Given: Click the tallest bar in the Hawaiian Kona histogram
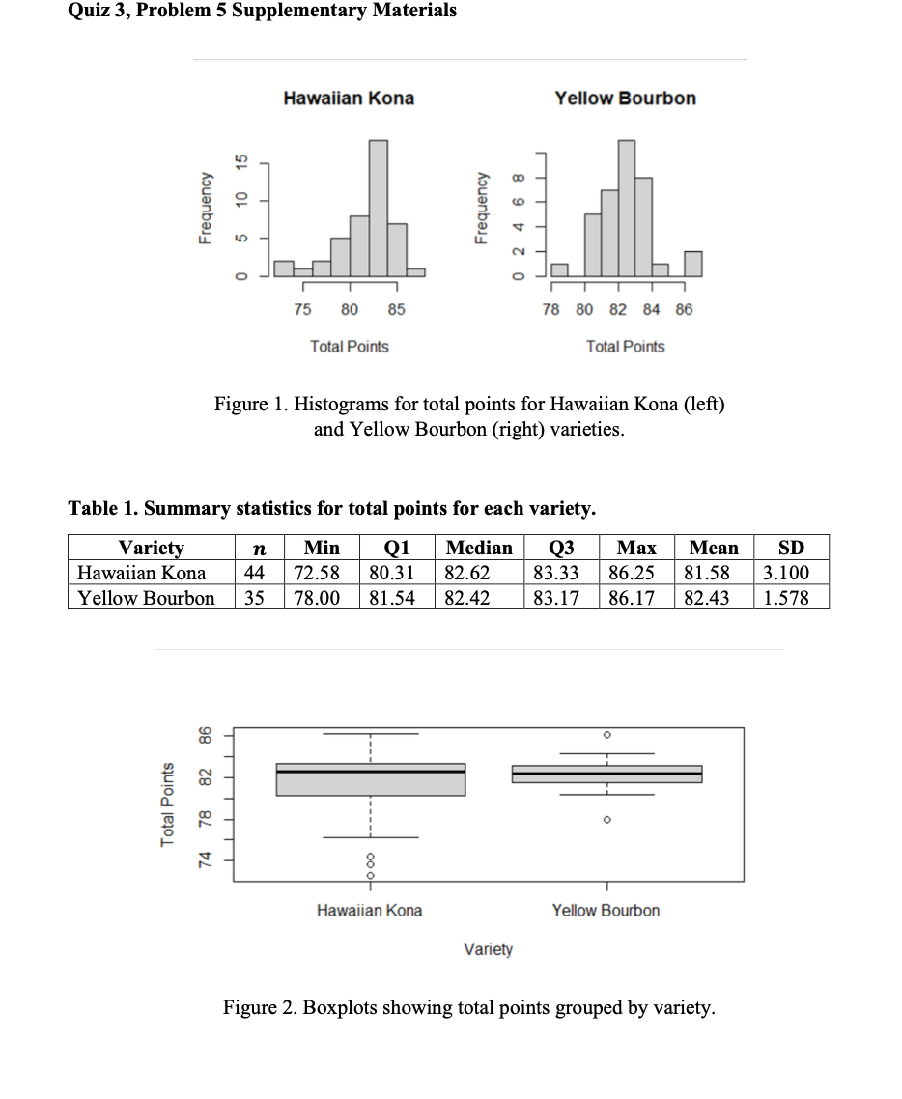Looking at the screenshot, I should [379, 208].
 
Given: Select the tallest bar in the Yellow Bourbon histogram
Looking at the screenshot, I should [626, 208].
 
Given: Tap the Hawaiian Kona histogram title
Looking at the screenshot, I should [349, 99].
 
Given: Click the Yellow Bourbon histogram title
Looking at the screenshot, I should [625, 99].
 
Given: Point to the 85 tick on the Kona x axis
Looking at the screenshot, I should [397, 310].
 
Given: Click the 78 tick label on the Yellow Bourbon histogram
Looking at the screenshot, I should [551, 310].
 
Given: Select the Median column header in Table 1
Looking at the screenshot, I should [479, 548].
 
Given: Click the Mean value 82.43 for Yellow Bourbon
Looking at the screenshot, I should [712, 598].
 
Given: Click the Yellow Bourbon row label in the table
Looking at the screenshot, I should [146, 598].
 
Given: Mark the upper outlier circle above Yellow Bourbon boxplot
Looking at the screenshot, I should [606, 735].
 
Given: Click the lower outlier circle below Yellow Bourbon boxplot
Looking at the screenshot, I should [606, 820].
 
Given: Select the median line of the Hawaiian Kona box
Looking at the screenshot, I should [370, 772].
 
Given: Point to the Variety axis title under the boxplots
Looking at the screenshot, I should [488, 949].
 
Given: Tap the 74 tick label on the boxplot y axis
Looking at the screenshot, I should [205, 861].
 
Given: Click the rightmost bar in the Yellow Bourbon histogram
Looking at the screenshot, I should [693, 264].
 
